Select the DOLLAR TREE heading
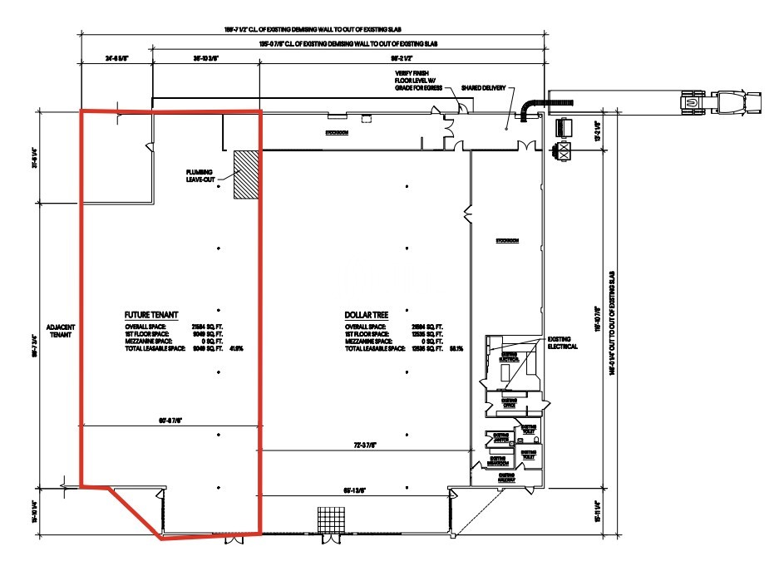click(367, 316)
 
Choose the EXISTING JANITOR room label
click(500, 437)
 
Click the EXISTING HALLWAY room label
click(505, 479)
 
